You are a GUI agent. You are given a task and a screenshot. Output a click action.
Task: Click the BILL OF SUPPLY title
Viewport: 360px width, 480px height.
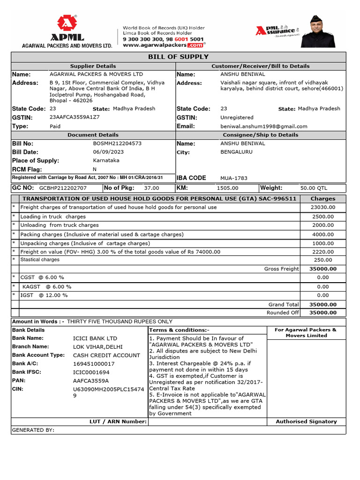(x=178, y=57)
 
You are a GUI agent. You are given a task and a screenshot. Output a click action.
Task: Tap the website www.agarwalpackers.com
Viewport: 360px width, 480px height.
(x=163, y=45)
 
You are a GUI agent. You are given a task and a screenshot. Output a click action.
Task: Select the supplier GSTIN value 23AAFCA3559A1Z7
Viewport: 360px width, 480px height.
(x=75, y=117)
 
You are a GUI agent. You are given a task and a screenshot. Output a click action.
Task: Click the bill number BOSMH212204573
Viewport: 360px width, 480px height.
(x=117, y=143)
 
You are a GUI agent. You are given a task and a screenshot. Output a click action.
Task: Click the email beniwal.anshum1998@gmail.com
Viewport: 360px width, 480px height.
(x=264, y=126)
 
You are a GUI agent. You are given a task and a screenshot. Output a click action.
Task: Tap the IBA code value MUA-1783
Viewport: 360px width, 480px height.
(x=234, y=178)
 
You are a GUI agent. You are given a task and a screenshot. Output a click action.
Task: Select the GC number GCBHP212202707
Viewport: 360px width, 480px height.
(x=63, y=188)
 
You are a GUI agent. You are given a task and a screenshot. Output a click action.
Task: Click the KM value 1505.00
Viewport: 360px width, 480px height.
(x=228, y=188)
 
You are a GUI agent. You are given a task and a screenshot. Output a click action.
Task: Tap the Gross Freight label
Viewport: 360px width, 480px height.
(x=281, y=269)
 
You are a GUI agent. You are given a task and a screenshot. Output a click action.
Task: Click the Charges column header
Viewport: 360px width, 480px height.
(x=322, y=199)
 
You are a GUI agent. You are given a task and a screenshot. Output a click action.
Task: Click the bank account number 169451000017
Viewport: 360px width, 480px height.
(x=94, y=364)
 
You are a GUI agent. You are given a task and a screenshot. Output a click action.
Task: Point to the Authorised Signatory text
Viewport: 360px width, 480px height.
(x=306, y=421)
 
